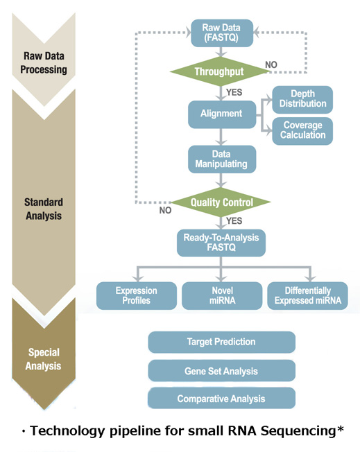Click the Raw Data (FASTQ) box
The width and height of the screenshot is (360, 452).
222,33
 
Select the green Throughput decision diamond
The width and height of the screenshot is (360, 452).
220,71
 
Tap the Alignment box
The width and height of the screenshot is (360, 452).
222,114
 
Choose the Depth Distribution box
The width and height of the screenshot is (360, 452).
302,99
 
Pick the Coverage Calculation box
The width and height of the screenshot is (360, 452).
302,131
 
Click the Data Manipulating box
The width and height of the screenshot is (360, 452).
222,159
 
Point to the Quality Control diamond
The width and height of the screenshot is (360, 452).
221,202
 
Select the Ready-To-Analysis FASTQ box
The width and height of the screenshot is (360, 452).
221,243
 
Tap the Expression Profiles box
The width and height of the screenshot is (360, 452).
137,295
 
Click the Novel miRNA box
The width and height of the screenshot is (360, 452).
222,295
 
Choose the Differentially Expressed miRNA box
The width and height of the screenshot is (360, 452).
307,295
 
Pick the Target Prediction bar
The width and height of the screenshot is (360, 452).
221,342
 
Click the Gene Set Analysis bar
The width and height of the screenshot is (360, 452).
221,371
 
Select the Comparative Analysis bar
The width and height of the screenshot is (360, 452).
221,398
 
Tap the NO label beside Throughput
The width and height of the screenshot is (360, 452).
271,65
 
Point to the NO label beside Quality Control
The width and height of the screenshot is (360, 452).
165,211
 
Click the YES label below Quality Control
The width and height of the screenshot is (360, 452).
234,221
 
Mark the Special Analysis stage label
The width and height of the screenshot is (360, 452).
44,359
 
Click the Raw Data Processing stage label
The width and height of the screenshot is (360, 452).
44,63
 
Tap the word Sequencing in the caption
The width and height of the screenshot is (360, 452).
299,431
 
